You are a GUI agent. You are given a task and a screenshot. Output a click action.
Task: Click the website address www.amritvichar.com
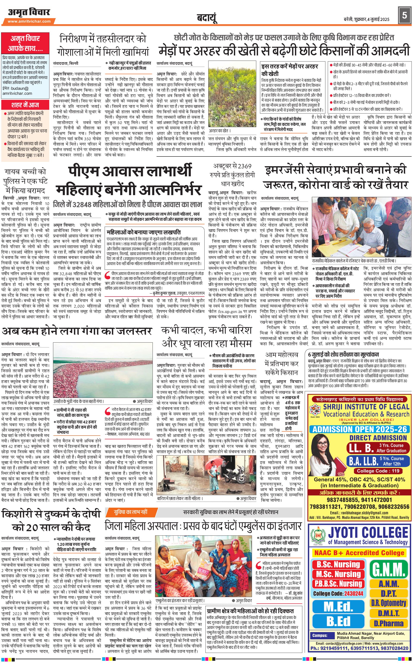pos(29,21)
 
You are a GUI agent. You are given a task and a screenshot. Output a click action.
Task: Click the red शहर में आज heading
pos(25,105)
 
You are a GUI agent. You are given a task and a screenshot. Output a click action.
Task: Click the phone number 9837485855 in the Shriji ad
pos(343,500)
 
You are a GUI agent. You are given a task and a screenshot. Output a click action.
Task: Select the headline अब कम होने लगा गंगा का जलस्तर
pos(76,331)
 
